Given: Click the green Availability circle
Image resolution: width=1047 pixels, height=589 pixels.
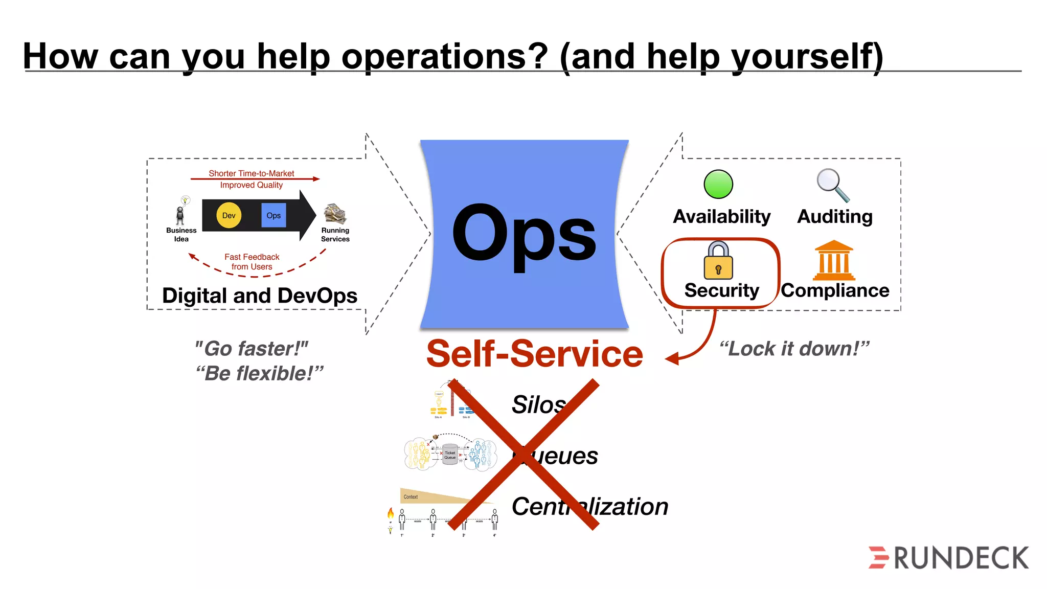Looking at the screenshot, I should [718, 185].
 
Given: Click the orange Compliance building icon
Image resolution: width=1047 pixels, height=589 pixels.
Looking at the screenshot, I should [834, 260].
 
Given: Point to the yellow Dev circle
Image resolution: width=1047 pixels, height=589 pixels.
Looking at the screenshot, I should [229, 216].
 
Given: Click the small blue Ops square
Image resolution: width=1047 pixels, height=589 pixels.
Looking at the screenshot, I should [274, 216].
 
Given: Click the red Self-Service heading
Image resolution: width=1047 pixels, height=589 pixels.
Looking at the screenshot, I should [534, 354].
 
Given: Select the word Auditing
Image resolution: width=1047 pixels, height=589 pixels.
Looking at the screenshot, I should [835, 217].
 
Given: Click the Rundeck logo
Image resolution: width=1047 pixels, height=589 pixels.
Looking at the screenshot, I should [949, 557].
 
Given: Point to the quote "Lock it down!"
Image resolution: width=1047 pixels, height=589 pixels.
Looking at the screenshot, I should [794, 349].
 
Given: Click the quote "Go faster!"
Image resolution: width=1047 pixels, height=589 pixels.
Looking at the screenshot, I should [252, 349].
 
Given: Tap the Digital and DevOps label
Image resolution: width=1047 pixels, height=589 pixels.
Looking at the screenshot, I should [260, 296].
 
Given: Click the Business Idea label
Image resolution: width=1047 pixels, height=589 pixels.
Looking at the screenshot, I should [181, 235].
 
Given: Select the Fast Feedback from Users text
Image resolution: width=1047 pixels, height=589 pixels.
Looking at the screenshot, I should [252, 262].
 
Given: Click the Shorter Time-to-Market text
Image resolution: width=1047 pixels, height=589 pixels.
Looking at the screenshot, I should [252, 173].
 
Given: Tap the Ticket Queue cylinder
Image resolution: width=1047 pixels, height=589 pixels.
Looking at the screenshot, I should [450, 454].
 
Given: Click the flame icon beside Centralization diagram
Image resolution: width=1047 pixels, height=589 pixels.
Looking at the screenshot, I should [391, 513].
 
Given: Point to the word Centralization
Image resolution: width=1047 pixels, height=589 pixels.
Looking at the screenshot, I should [590, 507].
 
